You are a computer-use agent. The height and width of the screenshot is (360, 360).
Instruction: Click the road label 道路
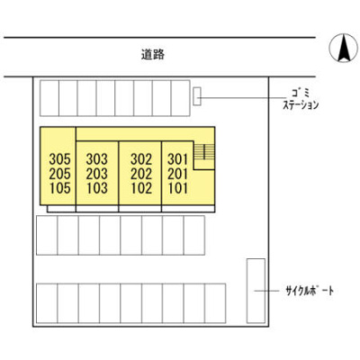click(153, 54)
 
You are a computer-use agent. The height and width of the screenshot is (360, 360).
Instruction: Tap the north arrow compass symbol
click(344, 48)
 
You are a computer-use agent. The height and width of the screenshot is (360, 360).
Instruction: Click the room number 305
click(60, 159)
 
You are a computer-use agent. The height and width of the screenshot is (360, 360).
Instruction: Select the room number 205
click(60, 174)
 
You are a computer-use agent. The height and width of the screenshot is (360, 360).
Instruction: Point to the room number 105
click(60, 188)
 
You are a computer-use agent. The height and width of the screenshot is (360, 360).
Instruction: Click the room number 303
click(96, 159)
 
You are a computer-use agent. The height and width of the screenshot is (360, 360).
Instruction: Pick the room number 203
click(96, 174)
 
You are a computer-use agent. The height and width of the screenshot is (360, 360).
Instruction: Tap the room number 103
click(96, 188)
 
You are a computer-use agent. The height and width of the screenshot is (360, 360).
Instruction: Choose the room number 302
click(141, 159)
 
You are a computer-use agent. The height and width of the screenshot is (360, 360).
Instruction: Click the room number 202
click(141, 174)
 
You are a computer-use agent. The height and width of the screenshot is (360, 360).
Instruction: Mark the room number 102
click(141, 188)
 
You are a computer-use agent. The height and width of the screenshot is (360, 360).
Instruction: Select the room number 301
click(177, 159)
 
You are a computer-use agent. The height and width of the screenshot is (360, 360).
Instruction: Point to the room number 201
click(177, 174)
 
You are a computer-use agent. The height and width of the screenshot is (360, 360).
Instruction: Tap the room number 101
click(177, 188)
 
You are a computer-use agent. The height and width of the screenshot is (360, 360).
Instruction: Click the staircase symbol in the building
click(204, 151)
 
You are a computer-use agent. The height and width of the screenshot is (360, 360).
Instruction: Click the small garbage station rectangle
click(197, 96)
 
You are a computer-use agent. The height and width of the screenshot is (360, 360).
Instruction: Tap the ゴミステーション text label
click(301, 100)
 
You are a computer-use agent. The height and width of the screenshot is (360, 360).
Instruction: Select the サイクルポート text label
click(310, 291)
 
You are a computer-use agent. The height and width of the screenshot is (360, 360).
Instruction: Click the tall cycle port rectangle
click(256, 291)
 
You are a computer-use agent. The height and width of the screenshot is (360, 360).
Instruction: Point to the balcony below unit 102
click(140, 209)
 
